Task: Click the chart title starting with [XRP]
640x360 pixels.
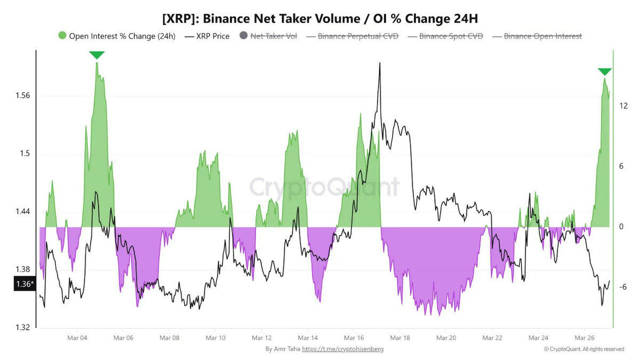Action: [319, 19]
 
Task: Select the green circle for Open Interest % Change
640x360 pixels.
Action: [62, 36]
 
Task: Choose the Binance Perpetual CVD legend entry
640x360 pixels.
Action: [358, 36]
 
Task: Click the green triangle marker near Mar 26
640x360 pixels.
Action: [604, 72]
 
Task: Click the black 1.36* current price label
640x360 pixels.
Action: [24, 284]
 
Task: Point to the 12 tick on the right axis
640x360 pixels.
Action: [622, 106]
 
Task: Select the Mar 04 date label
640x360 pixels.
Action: [77, 338]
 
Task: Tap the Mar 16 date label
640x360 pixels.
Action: [354, 338]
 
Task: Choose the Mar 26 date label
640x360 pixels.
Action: [584, 338]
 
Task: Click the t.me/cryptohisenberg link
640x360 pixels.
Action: [342, 349]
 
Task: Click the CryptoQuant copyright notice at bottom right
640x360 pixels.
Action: [583, 349]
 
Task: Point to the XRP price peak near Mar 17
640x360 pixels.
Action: [379, 63]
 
